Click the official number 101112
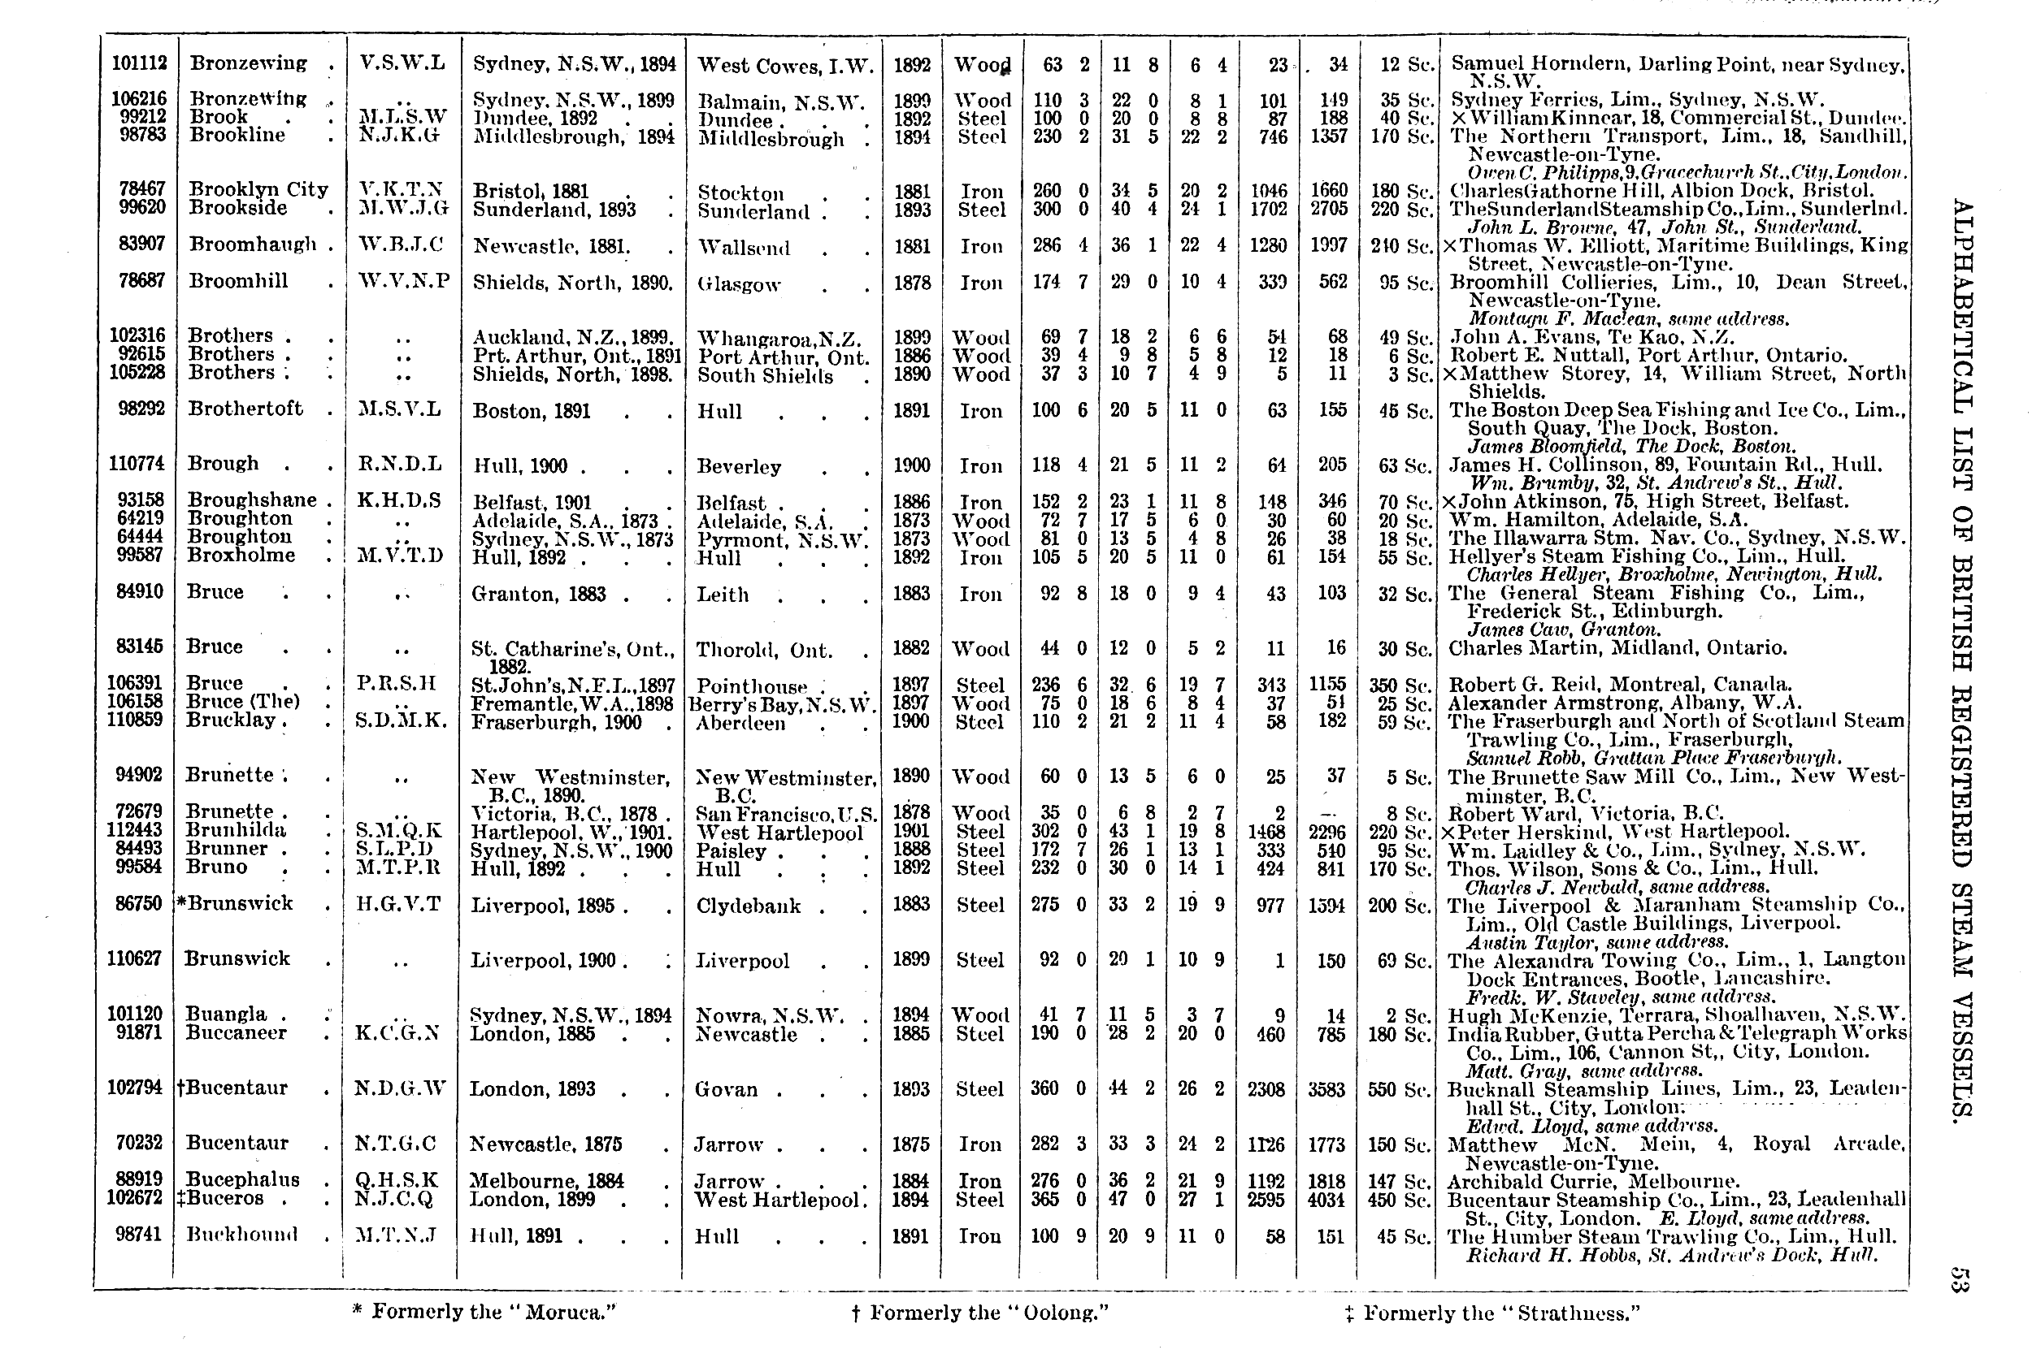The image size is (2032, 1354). click(x=139, y=63)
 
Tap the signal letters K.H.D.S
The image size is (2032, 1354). click(x=399, y=501)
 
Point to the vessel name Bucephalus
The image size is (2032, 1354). click(x=243, y=1179)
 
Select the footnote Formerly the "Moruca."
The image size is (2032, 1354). click(x=484, y=1312)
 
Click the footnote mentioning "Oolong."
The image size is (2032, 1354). click(x=979, y=1313)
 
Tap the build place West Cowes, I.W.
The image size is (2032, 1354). click(x=785, y=66)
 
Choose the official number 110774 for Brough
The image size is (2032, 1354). click(x=136, y=464)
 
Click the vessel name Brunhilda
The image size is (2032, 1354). click(x=236, y=831)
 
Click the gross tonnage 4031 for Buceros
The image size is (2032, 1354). click(x=1326, y=1200)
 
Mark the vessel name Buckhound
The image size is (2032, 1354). click(x=242, y=1235)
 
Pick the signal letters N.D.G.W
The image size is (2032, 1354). click(x=400, y=1088)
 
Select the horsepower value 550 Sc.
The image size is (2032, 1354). click(x=1399, y=1089)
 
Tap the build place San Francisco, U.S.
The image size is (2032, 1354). click(x=785, y=813)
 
